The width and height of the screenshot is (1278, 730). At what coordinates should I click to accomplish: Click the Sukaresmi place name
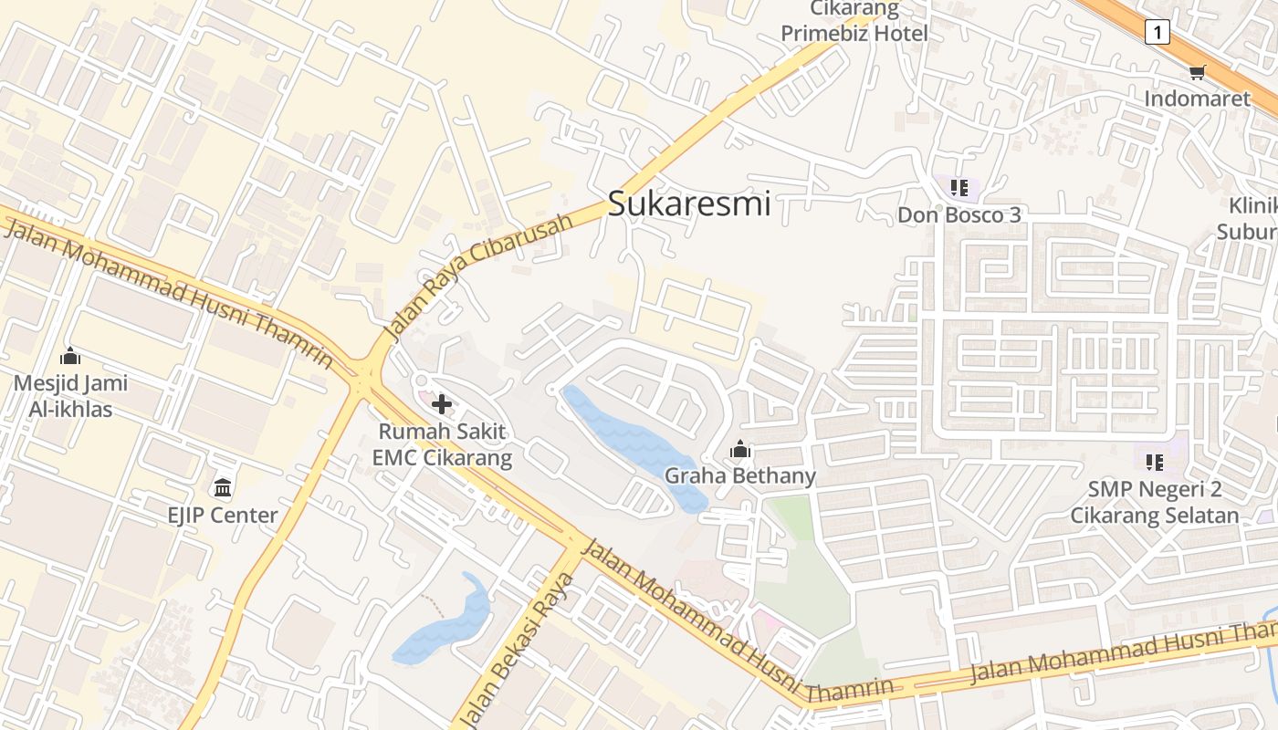click(689, 203)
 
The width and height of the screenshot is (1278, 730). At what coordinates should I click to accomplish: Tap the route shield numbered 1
click(1157, 33)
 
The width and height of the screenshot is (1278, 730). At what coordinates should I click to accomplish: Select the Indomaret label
click(1197, 99)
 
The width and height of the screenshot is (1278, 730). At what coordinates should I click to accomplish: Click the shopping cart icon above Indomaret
click(1197, 73)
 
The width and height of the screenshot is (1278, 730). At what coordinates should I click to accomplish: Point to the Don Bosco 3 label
click(958, 215)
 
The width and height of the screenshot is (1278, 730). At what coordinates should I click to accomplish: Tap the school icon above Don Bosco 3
click(958, 189)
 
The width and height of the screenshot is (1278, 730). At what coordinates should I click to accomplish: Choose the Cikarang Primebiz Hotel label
click(854, 23)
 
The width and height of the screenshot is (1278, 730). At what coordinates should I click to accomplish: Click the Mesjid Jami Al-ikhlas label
click(70, 396)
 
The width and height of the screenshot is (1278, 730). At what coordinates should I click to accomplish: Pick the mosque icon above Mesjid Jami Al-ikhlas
click(70, 356)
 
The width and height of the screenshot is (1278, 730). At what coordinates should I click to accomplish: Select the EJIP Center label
click(223, 515)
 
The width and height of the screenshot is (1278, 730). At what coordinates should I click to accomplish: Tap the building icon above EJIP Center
click(223, 486)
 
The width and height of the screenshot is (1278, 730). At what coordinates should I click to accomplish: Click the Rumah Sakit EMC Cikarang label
click(443, 444)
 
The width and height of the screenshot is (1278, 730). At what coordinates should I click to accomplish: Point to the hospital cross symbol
click(442, 403)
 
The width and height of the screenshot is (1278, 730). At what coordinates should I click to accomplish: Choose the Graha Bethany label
click(739, 475)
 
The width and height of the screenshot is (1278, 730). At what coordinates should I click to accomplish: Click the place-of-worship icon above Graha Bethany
click(739, 449)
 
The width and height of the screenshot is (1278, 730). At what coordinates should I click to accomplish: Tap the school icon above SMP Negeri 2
click(1155, 463)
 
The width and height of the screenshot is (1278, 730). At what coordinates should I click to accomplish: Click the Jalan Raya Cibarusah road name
click(478, 277)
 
